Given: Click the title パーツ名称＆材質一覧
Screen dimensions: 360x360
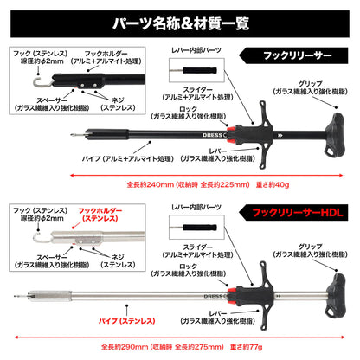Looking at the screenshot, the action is tap(181, 23).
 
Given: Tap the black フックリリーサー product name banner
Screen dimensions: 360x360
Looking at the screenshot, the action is tap(293, 55).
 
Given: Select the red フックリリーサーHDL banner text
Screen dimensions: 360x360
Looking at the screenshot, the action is tap(298, 213).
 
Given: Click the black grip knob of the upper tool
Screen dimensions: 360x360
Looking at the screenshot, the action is tap(335, 134).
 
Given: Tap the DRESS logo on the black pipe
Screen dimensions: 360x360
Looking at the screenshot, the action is tap(212, 135).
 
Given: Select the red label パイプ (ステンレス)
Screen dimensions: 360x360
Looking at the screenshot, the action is tap(127, 321).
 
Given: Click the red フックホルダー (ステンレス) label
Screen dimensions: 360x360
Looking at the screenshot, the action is tap(100, 215).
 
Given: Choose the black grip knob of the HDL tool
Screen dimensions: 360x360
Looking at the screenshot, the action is tap(335, 296).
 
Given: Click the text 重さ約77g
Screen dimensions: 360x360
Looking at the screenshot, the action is tap(246, 346).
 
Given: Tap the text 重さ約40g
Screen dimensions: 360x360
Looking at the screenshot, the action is tap(273, 184).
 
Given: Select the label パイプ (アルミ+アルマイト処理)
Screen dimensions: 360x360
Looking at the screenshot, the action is tap(128, 158).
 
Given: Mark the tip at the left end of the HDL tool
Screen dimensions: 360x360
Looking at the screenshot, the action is tap(15, 296).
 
